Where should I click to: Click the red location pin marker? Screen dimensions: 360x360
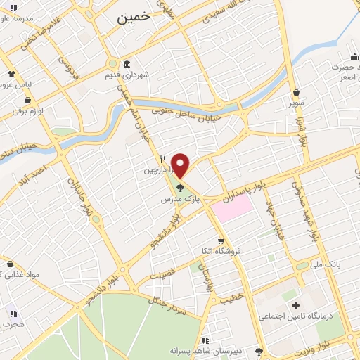(180, 165)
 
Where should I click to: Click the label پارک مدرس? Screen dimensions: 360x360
(179, 200)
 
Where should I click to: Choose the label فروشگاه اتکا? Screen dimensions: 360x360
(219, 251)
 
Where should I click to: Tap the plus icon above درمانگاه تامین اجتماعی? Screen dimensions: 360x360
(295, 306)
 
